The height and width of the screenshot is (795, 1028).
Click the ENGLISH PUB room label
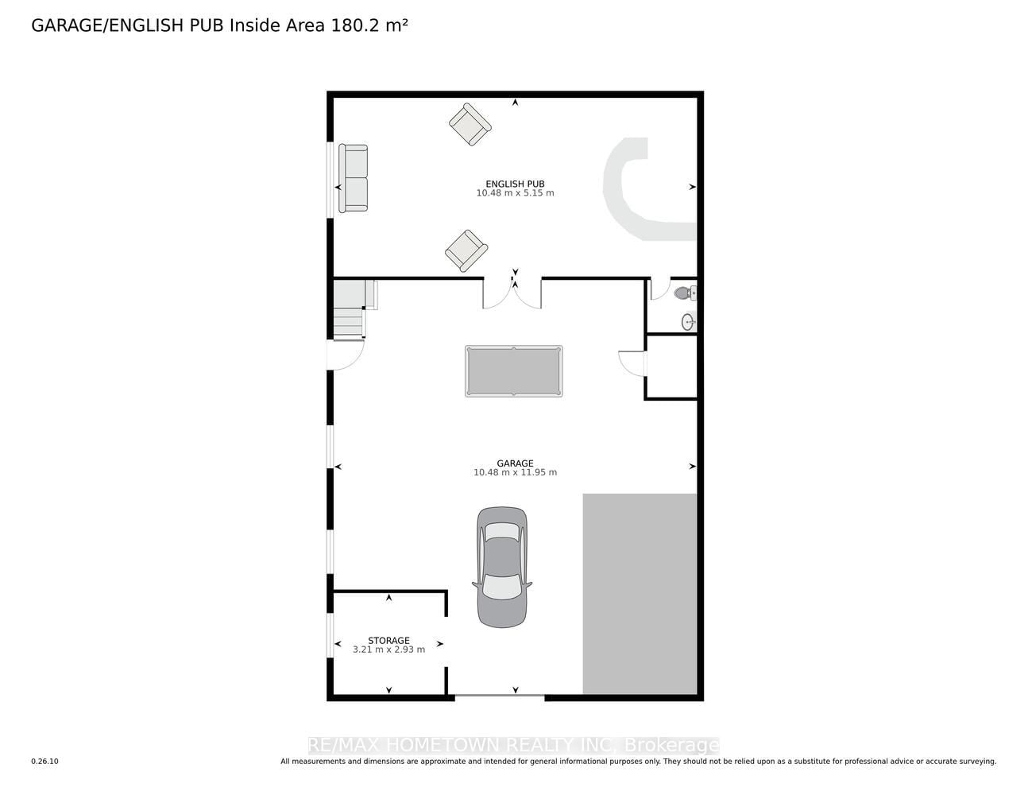tap(515, 184)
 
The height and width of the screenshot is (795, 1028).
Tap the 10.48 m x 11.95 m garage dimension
tap(515, 472)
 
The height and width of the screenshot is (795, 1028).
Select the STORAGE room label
tap(388, 641)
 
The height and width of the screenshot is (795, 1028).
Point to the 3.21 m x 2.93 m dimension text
tap(388, 650)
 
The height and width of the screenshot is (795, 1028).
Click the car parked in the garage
tap(502, 568)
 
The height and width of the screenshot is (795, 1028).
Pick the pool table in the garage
tap(514, 371)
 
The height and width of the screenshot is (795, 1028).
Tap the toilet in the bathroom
tap(685, 293)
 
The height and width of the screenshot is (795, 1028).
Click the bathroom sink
tap(688, 322)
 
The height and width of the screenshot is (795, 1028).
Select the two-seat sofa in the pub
tap(353, 178)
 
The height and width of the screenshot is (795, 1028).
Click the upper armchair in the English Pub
tap(470, 125)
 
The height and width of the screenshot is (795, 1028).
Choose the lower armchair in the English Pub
tap(466, 250)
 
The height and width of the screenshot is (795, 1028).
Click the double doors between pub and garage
tap(512, 293)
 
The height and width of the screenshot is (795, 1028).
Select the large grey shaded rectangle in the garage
tap(640, 594)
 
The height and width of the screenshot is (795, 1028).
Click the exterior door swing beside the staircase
tap(346, 355)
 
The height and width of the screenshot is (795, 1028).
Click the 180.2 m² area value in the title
tap(369, 25)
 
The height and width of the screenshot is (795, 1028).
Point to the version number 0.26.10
tap(45, 762)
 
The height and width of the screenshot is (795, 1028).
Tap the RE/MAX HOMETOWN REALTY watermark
tap(514, 745)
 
